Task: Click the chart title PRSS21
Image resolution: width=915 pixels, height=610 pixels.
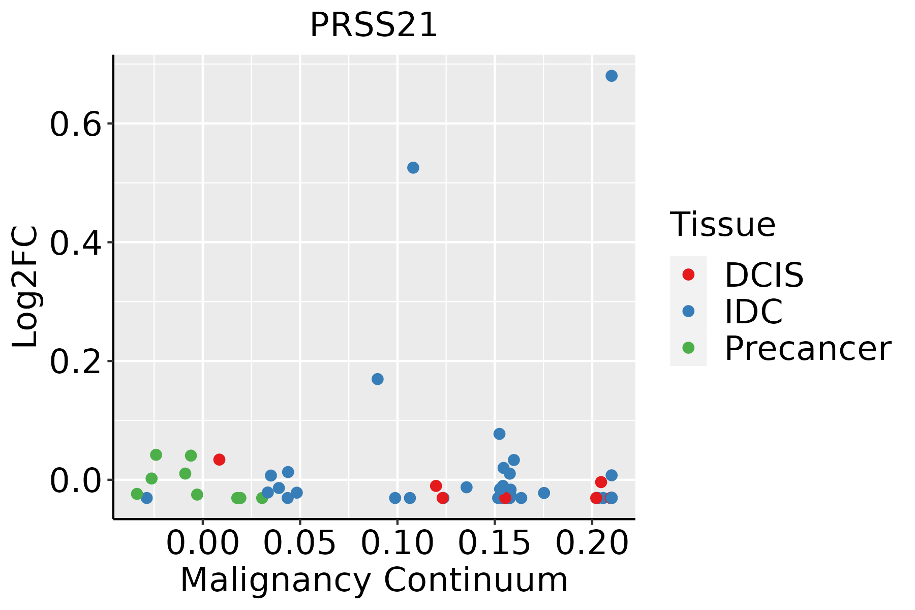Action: pyautogui.click(x=374, y=25)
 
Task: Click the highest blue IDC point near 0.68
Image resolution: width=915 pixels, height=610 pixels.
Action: pyautogui.click(x=612, y=76)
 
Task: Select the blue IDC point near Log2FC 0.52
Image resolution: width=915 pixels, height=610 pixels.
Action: pyautogui.click(x=413, y=168)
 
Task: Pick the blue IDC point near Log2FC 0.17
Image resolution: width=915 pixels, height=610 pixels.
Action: pyautogui.click(x=378, y=379)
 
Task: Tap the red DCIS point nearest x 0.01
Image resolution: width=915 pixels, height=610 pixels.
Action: pyautogui.click(x=219, y=460)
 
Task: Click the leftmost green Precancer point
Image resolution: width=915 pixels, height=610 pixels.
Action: pyautogui.click(x=137, y=494)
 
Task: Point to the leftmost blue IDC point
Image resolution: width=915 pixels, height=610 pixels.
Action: pyautogui.click(x=147, y=498)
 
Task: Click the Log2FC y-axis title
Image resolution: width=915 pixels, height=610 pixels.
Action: pyautogui.click(x=25, y=287)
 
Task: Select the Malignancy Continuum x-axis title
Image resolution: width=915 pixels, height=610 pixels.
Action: pyautogui.click(x=374, y=581)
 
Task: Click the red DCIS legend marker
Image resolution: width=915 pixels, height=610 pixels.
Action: pyautogui.click(x=688, y=274)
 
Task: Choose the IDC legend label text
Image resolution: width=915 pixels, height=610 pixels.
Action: pyautogui.click(x=753, y=312)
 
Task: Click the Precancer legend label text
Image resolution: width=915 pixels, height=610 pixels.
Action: pyautogui.click(x=807, y=349)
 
